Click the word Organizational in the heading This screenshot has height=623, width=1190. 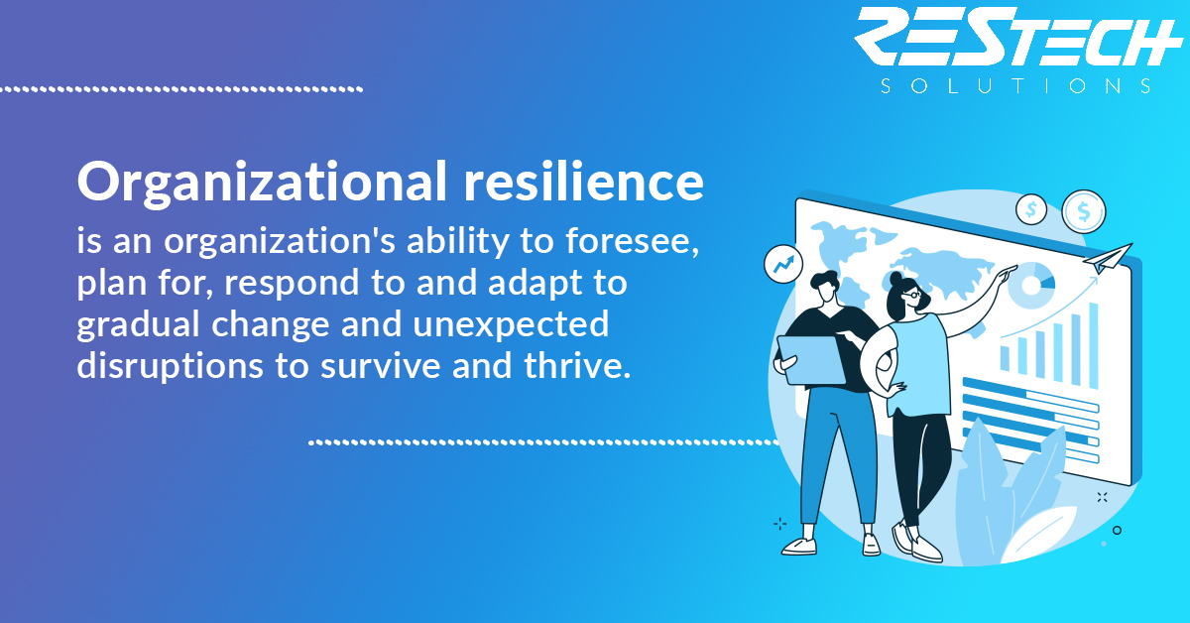(262, 184)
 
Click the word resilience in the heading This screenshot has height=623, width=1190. (584, 182)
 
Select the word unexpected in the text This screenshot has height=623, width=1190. (511, 323)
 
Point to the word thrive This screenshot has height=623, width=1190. (577, 365)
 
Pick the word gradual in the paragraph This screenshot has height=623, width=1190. (138, 324)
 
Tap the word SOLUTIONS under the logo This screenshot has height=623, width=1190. (1015, 86)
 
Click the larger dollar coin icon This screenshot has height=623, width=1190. (1084, 211)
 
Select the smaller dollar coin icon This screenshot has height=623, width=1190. (1031, 209)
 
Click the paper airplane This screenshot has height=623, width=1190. (1107, 257)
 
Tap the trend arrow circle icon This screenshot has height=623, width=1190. (783, 264)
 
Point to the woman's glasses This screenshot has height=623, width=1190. (911, 294)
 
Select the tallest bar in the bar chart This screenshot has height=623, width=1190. (1094, 345)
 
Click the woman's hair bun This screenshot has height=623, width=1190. (895, 278)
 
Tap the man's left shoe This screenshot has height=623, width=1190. (798, 546)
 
